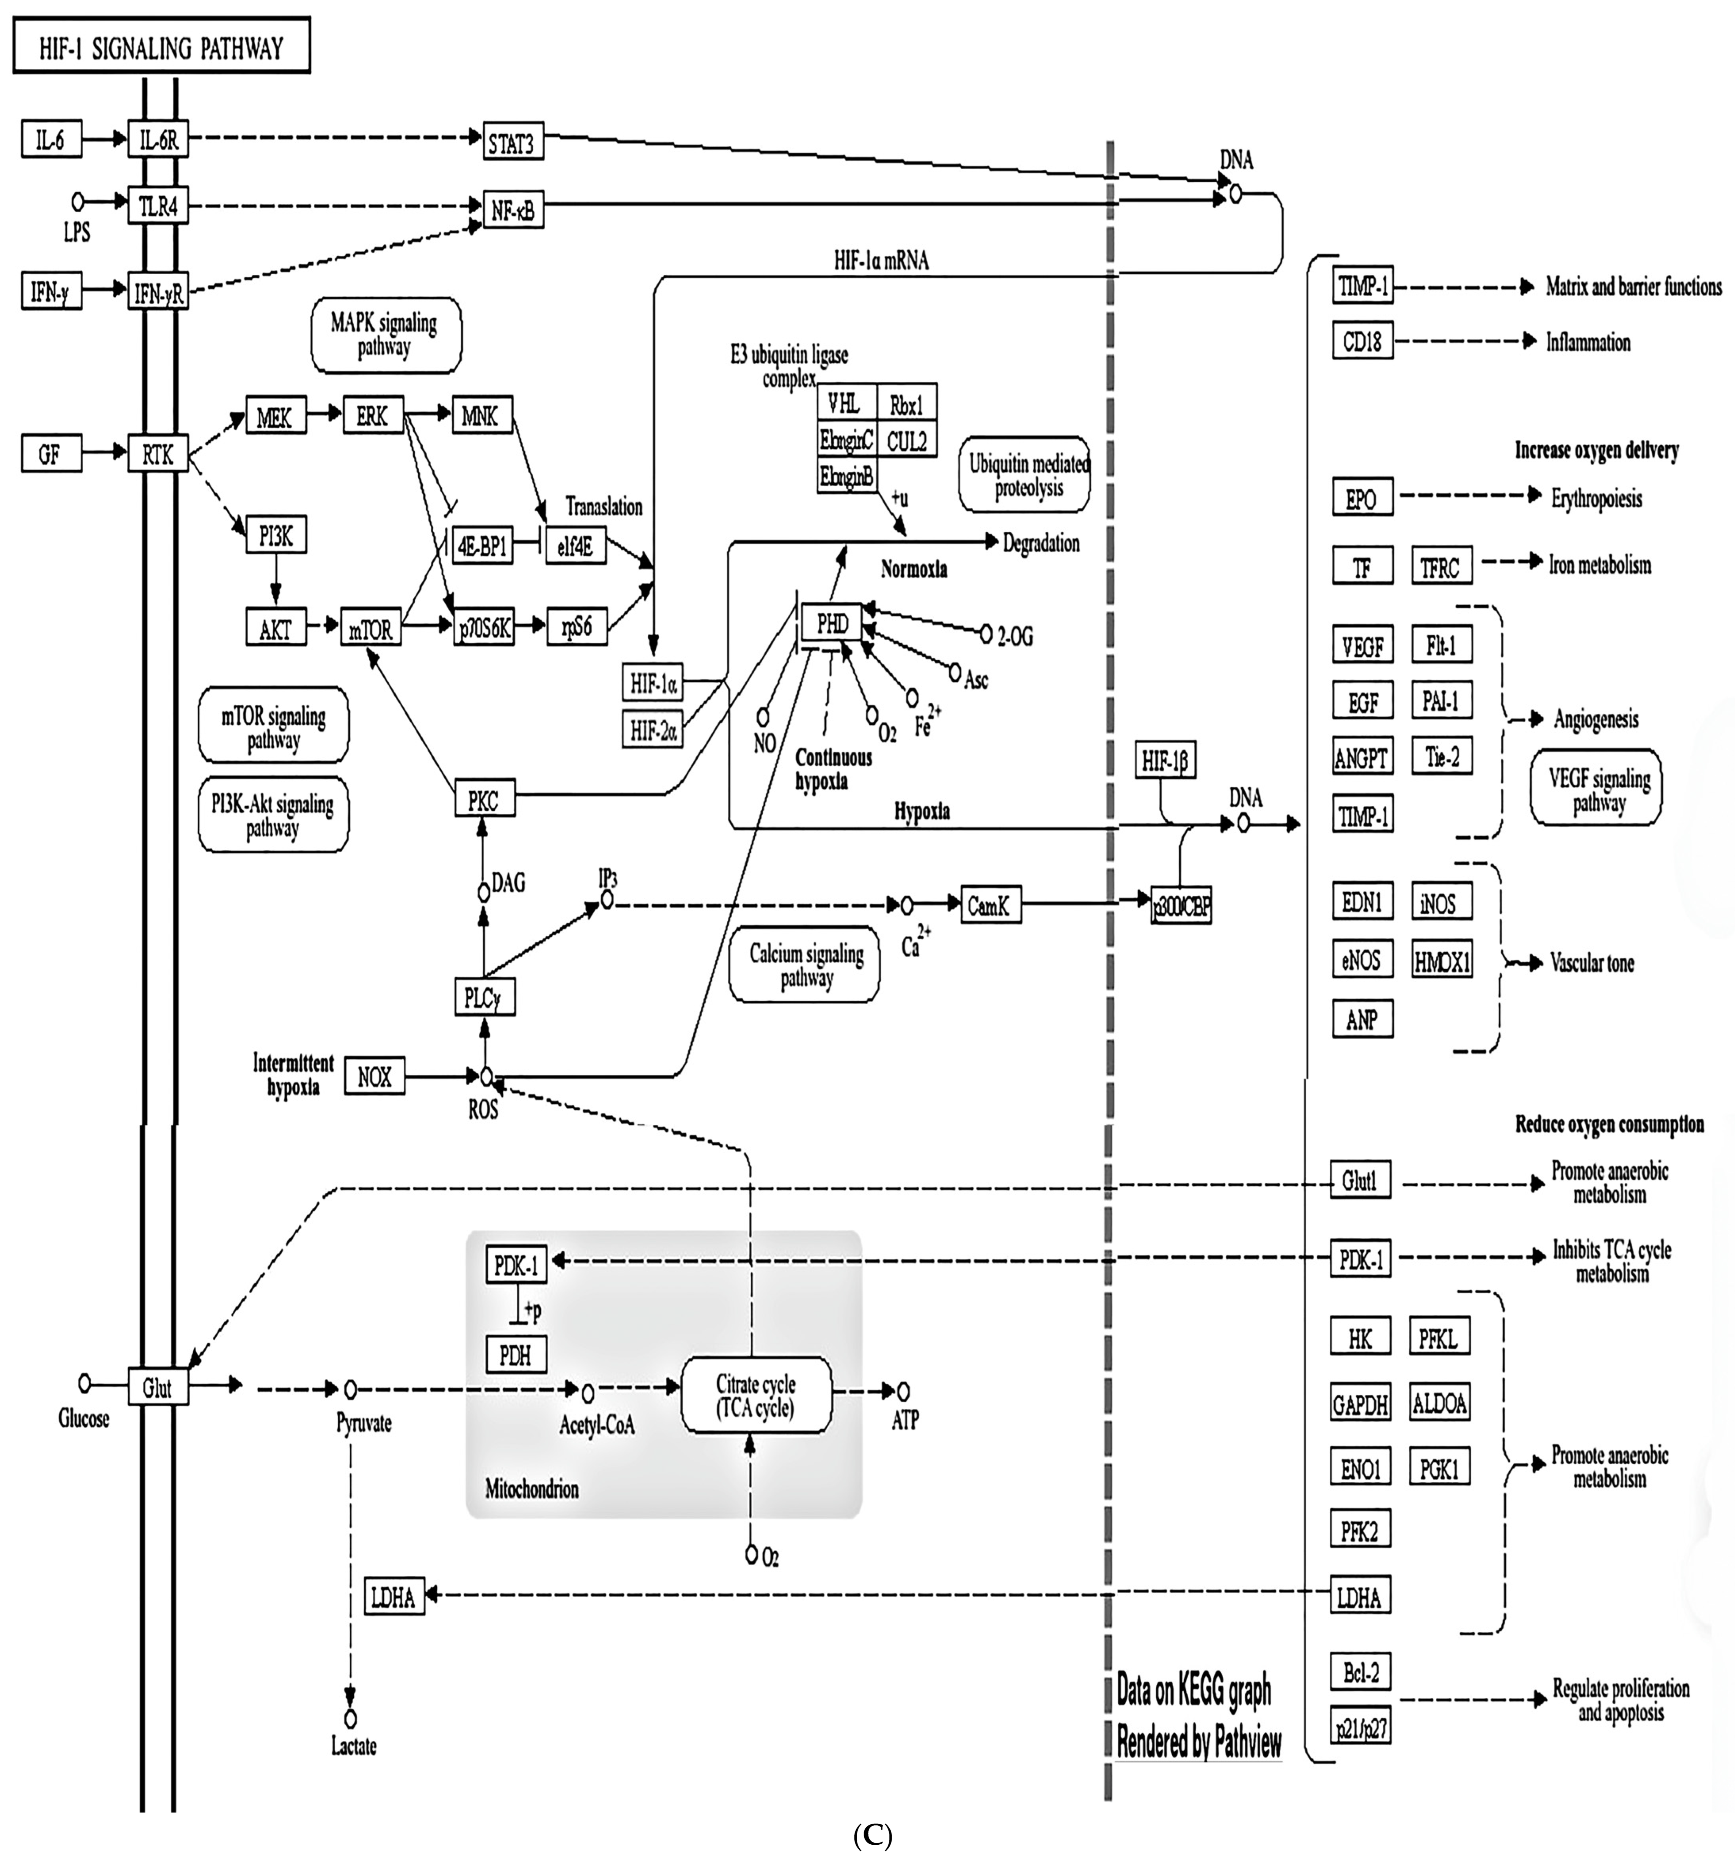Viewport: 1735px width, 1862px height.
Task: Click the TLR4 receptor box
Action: click(x=157, y=206)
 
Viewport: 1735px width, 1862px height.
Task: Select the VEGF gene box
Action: click(x=1361, y=645)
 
